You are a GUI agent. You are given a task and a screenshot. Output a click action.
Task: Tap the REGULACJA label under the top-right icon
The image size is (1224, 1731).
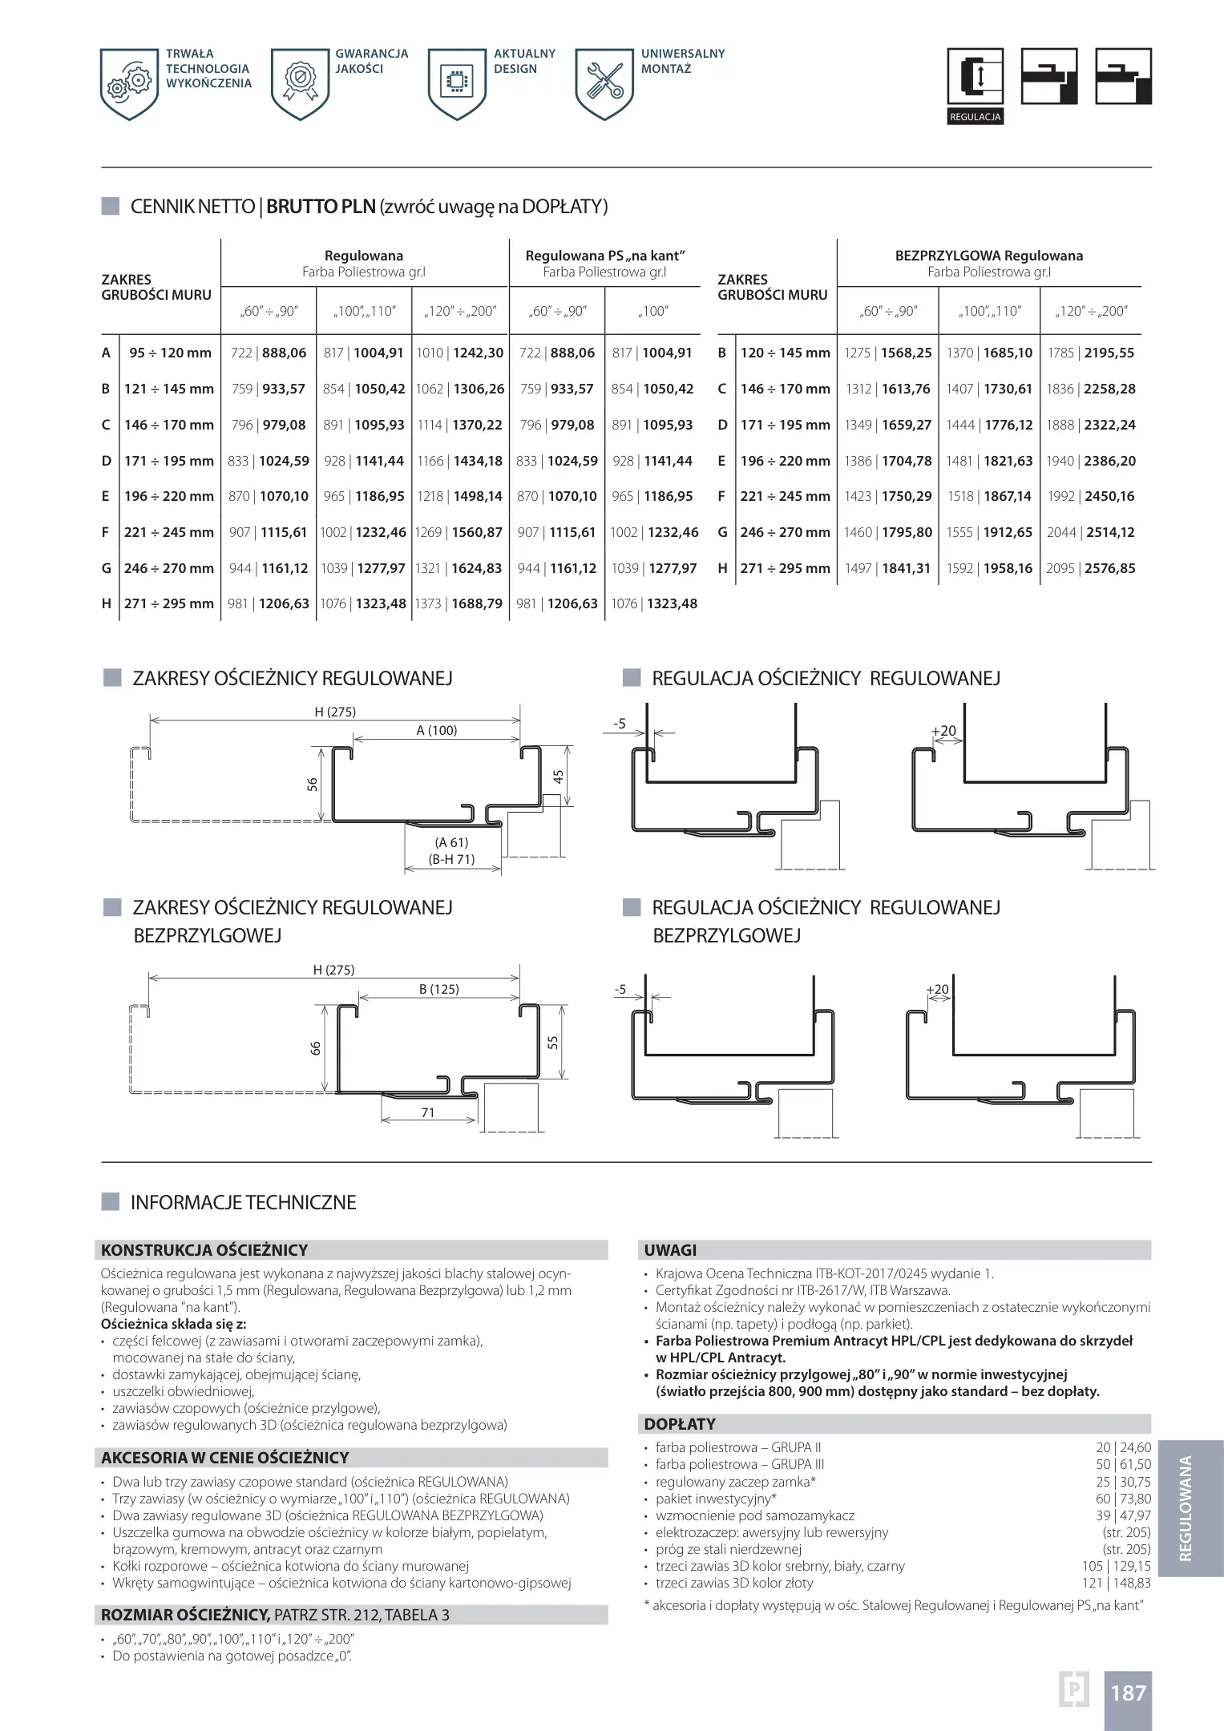pyautogui.click(x=975, y=117)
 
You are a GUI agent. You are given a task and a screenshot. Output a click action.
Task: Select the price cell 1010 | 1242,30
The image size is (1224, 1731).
pyautogui.click(x=460, y=353)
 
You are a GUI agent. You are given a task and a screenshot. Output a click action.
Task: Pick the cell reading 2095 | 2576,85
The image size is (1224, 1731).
pyautogui.click(x=1090, y=568)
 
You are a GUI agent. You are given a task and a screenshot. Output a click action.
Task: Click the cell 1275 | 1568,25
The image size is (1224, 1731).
pyautogui.click(x=887, y=353)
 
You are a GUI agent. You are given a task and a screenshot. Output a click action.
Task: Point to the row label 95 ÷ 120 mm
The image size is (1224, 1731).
pyautogui.click(x=170, y=353)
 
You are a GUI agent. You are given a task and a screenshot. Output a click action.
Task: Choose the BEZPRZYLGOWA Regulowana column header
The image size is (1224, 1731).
pyautogui.click(x=988, y=256)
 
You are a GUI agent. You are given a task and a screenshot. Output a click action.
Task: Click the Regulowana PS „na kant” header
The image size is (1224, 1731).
pyautogui.click(x=604, y=256)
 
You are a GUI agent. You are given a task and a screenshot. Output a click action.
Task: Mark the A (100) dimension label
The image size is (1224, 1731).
pyautogui.click(x=437, y=730)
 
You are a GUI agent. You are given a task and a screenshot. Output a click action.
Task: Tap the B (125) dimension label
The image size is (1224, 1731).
pyautogui.click(x=439, y=989)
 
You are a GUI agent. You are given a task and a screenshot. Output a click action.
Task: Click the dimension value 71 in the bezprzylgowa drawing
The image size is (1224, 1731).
pyautogui.click(x=428, y=1112)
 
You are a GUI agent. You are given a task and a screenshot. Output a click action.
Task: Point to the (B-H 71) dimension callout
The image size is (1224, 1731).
pyautogui.click(x=452, y=859)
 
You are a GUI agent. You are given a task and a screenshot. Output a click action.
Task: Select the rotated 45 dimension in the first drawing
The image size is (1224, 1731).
pyautogui.click(x=559, y=776)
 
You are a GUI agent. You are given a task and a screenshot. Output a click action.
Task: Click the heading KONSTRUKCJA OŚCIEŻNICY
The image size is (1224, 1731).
pyautogui.click(x=204, y=1250)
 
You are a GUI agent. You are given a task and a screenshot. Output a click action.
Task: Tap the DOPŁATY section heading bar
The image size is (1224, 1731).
pyautogui.click(x=896, y=1424)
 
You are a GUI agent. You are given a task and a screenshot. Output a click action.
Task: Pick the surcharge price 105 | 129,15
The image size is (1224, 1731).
pyautogui.click(x=1116, y=1566)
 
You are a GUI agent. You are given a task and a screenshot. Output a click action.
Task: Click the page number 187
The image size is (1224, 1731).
pyautogui.click(x=1128, y=1693)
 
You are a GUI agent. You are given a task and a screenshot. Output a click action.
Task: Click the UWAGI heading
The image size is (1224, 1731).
pyautogui.click(x=670, y=1250)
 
